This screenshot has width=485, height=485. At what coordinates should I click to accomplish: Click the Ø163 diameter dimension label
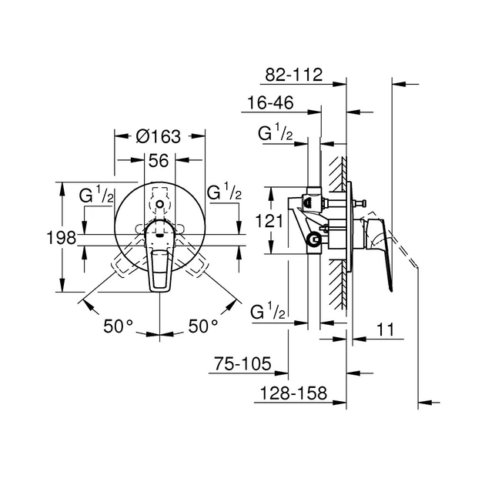158,136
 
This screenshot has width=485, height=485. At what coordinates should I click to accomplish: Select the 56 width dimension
159,161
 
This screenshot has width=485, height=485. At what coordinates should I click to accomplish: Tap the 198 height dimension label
62,238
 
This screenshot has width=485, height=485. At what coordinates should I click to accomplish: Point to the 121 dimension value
269,221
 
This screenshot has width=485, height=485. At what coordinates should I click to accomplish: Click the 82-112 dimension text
294,75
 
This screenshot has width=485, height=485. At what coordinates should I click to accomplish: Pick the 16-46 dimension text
270,102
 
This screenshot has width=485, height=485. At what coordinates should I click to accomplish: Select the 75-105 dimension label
242,363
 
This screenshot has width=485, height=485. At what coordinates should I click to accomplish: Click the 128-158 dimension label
293,393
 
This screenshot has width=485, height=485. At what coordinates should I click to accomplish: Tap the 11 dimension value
386,329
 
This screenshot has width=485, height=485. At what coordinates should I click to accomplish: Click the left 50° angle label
118,326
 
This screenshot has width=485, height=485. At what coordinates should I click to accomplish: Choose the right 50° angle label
203,326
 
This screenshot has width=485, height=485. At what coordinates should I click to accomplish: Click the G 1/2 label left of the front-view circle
96,194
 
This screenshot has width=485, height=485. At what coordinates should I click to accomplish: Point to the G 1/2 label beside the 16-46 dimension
276,132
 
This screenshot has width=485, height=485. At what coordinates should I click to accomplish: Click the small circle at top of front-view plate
159,204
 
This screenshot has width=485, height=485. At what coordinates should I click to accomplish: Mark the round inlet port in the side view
315,239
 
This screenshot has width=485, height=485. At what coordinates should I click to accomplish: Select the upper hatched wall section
337,174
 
